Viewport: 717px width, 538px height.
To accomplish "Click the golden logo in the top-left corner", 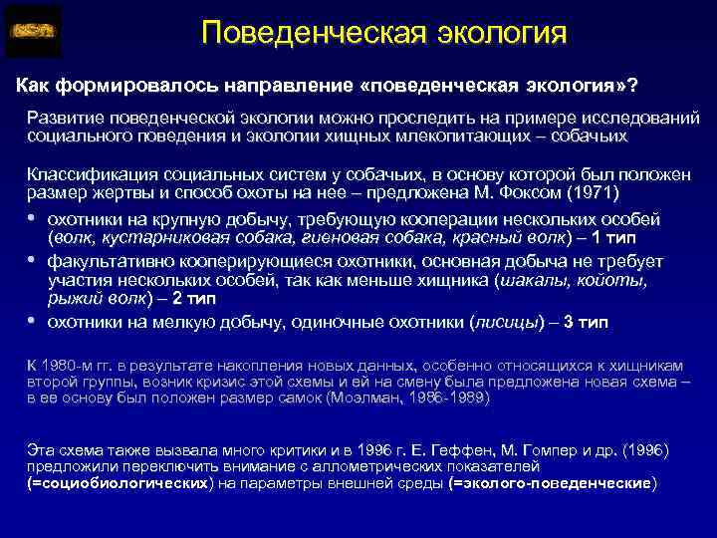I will pos(33,31).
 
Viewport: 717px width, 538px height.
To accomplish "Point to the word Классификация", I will pos(87,174).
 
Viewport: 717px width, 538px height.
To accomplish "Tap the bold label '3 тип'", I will pos(586,321).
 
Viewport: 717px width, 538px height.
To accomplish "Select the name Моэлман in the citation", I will pos(375,397).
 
